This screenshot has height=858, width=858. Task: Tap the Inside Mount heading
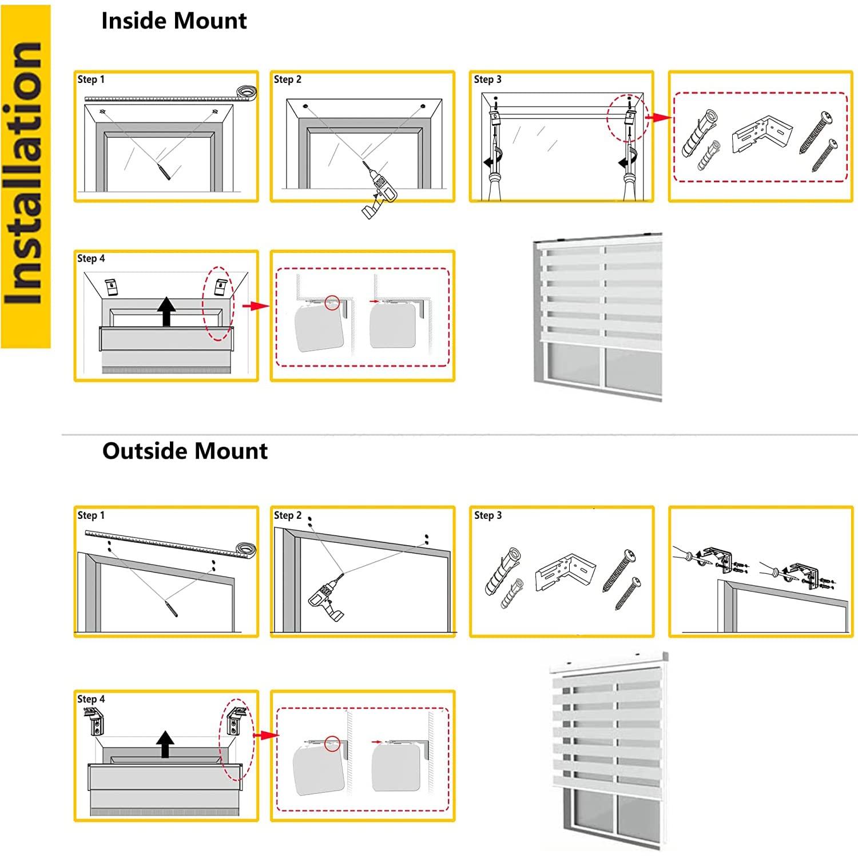174,21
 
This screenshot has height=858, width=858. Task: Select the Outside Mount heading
185,451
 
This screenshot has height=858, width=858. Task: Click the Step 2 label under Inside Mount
287,80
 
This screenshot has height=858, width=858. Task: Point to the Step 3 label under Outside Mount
487,515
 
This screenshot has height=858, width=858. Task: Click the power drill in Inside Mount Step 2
379,192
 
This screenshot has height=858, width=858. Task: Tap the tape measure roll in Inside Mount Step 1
247,92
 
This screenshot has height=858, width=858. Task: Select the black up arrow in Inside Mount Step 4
166,312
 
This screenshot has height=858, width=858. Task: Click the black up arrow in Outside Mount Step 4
165,744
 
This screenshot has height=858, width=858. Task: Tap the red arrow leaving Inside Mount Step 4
255,307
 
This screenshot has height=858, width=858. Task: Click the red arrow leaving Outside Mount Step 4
265,735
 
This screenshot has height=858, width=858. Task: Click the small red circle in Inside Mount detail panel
332,303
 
